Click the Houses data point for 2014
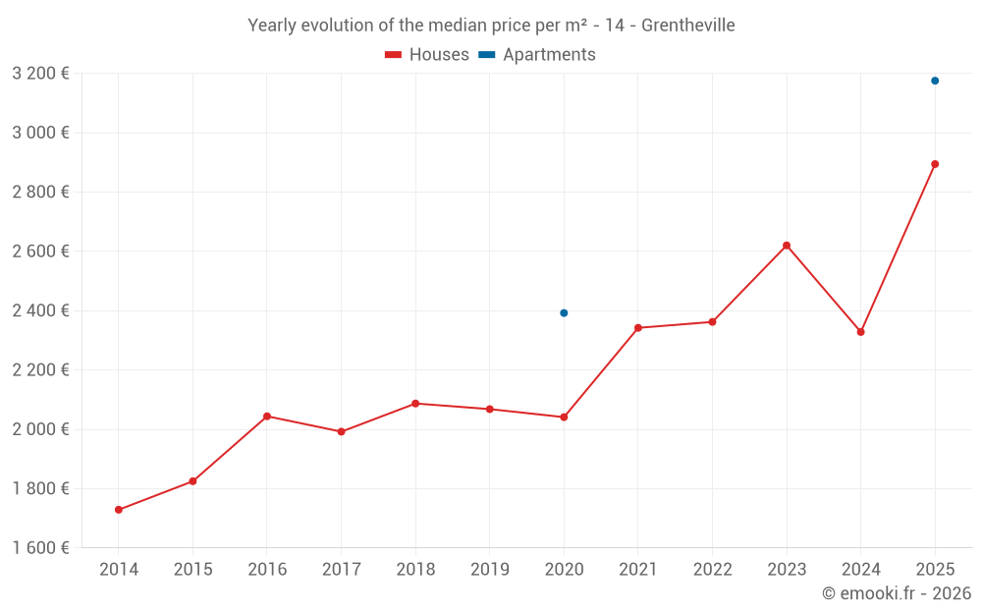pos(119,510)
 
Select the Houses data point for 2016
pos(267,417)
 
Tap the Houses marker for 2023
pos(787,246)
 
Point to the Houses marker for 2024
pos(860,332)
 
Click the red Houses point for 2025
pos(935,164)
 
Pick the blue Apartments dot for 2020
pos(564,313)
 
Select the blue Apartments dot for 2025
pos(935,81)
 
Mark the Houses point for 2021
pos(638,328)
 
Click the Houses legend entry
pos(427,55)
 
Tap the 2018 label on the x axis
pos(415,569)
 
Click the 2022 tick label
pos(712,569)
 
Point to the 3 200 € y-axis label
pos(40,73)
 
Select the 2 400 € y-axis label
pos(40,310)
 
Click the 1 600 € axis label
pos(40,548)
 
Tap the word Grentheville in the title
pos(687,26)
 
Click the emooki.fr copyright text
pos(897,593)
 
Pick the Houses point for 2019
pos(489,409)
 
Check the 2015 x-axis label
pos(192,569)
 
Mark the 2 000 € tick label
pos(40,429)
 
